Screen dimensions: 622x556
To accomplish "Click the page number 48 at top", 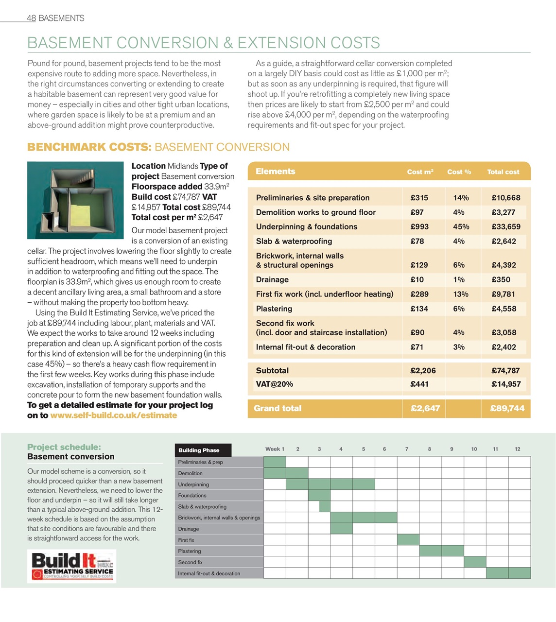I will click(31, 18).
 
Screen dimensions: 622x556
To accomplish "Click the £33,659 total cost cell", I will click(505, 226).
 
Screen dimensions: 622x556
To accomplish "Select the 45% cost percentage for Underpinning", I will click(461, 226).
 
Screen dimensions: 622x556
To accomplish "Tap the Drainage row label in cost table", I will click(272, 279).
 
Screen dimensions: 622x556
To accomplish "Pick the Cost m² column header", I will click(420, 172).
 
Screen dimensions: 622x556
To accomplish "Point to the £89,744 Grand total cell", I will click(507, 408).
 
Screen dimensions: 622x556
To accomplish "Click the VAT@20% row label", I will click(274, 384).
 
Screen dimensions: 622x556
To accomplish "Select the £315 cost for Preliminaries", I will click(419, 198).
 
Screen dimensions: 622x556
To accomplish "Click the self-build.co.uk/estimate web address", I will click(113, 415).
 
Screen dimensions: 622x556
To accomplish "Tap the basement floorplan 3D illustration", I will click(75, 200).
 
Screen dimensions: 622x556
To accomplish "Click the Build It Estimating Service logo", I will click(72, 566).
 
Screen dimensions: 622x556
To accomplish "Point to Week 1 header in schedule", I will click(275, 449).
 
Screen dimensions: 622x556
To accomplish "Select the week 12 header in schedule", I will click(517, 449).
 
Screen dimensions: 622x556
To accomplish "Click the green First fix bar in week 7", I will click(408, 539).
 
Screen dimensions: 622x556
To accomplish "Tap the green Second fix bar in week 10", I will click(474, 562).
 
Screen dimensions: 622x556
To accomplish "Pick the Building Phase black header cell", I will click(203, 450).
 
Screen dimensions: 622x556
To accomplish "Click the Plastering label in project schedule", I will click(190, 551).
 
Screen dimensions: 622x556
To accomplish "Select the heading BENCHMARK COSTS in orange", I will click(89, 147).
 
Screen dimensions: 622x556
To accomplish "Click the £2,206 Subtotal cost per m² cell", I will click(423, 370).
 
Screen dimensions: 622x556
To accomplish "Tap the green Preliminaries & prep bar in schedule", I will click(275, 462).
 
